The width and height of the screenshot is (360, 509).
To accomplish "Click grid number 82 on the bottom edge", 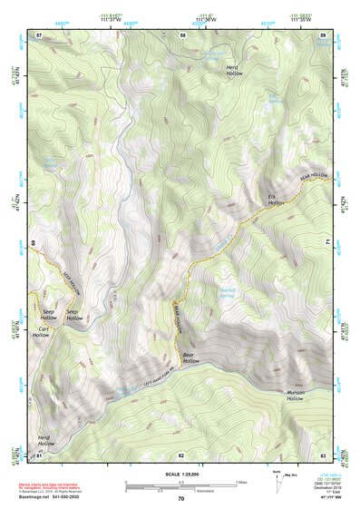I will [x=180, y=454].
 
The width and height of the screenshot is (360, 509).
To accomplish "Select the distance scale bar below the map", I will [x=180, y=485].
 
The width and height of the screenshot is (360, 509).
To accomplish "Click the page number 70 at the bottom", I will [x=180, y=498].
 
